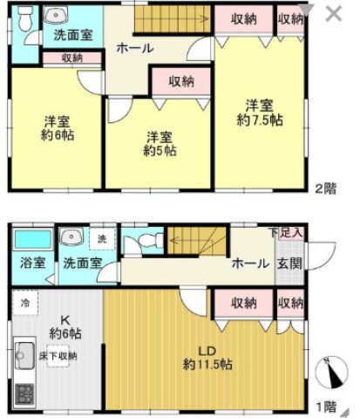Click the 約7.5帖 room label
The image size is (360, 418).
pos(260,113)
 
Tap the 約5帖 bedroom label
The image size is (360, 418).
pos(160,144)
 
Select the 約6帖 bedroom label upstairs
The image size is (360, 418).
pos(58,128)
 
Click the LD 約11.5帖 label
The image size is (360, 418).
pos(207,358)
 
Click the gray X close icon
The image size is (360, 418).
pos(334,14)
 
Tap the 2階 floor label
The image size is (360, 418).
pos(326,188)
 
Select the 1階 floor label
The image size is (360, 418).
pos(326,407)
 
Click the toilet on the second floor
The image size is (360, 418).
pos(25,17)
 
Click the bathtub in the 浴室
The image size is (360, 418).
pos(33,239)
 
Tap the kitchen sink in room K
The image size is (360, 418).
pos(24,355)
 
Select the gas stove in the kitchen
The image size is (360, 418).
pos(24,394)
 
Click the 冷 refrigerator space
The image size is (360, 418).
pos(25,303)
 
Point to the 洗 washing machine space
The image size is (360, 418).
pos(102,239)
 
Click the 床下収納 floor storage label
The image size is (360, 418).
pos(58,356)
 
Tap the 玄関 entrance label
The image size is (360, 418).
pos(289,264)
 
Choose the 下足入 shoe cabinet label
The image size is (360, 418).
pos(286,232)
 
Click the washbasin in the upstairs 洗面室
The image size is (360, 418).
pos(56,15)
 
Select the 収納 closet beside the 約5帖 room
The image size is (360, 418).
pos(181,81)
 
